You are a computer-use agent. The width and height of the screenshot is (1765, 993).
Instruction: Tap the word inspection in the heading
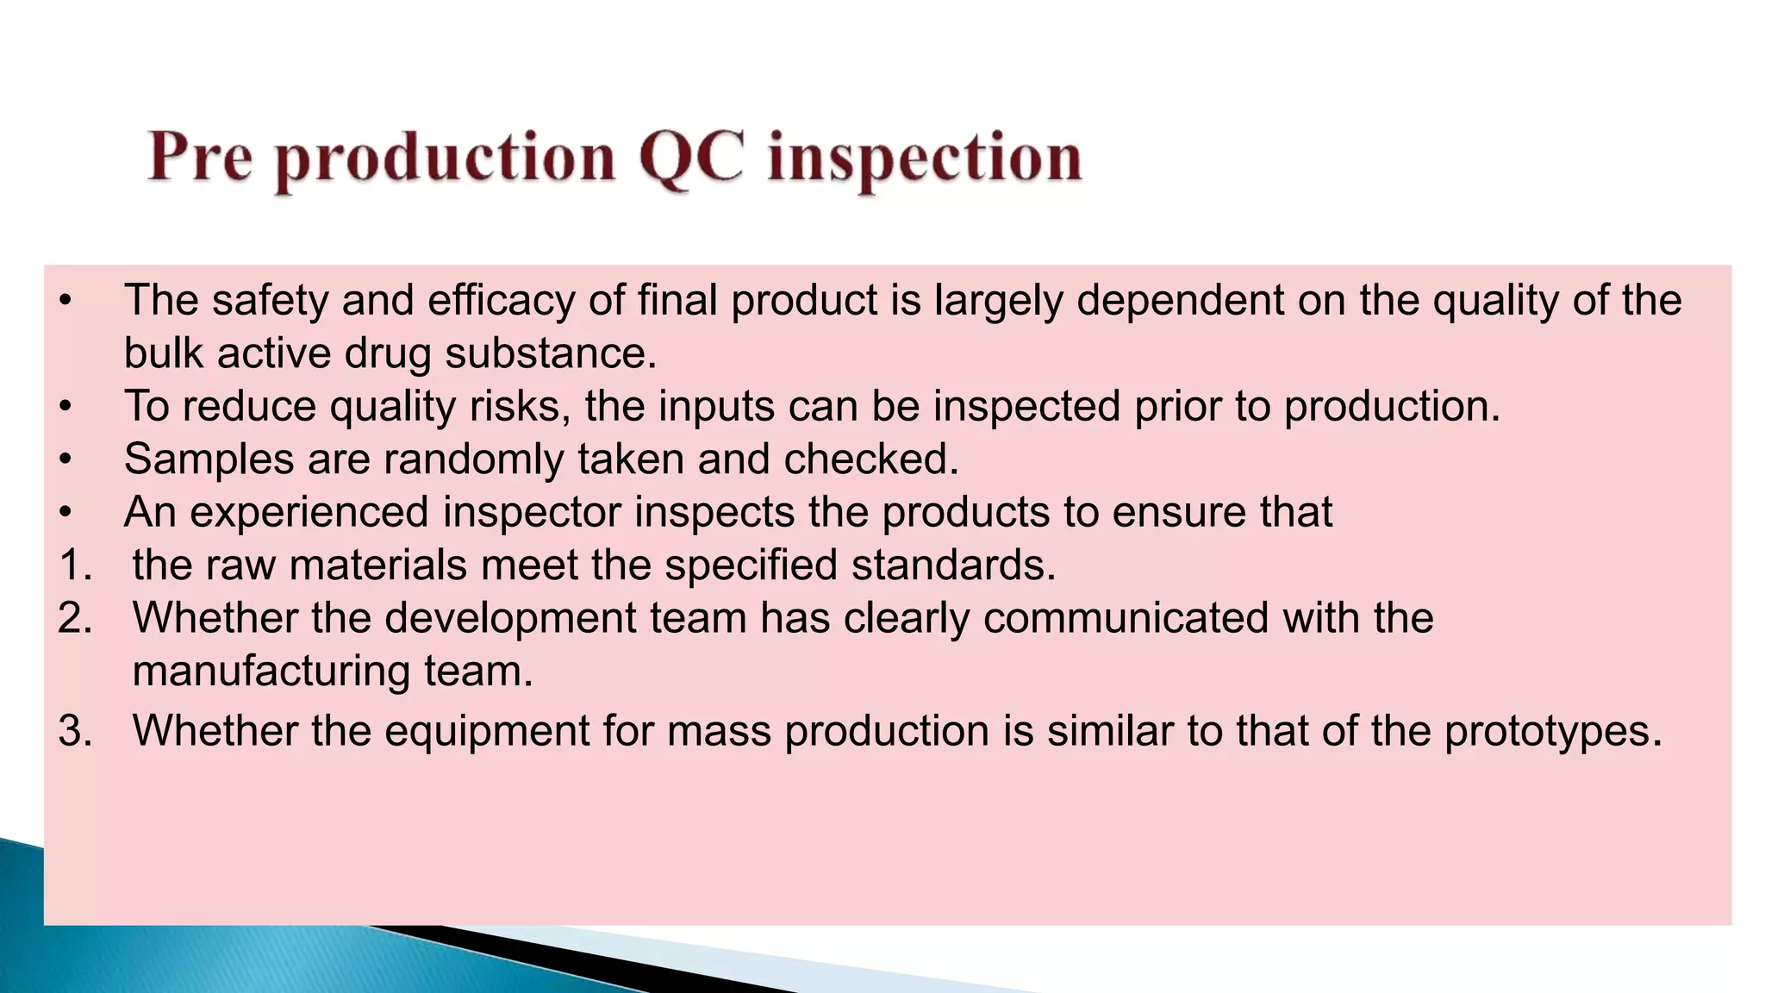click(x=924, y=160)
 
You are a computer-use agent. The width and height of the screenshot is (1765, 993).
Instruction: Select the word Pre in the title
click(x=200, y=159)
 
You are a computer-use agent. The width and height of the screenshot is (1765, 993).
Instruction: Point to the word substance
click(x=551, y=354)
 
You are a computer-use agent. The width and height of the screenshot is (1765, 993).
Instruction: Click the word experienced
click(x=309, y=513)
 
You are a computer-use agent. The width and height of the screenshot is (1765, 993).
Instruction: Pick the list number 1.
click(x=74, y=565)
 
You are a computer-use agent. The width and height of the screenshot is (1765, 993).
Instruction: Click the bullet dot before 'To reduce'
click(x=65, y=407)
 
